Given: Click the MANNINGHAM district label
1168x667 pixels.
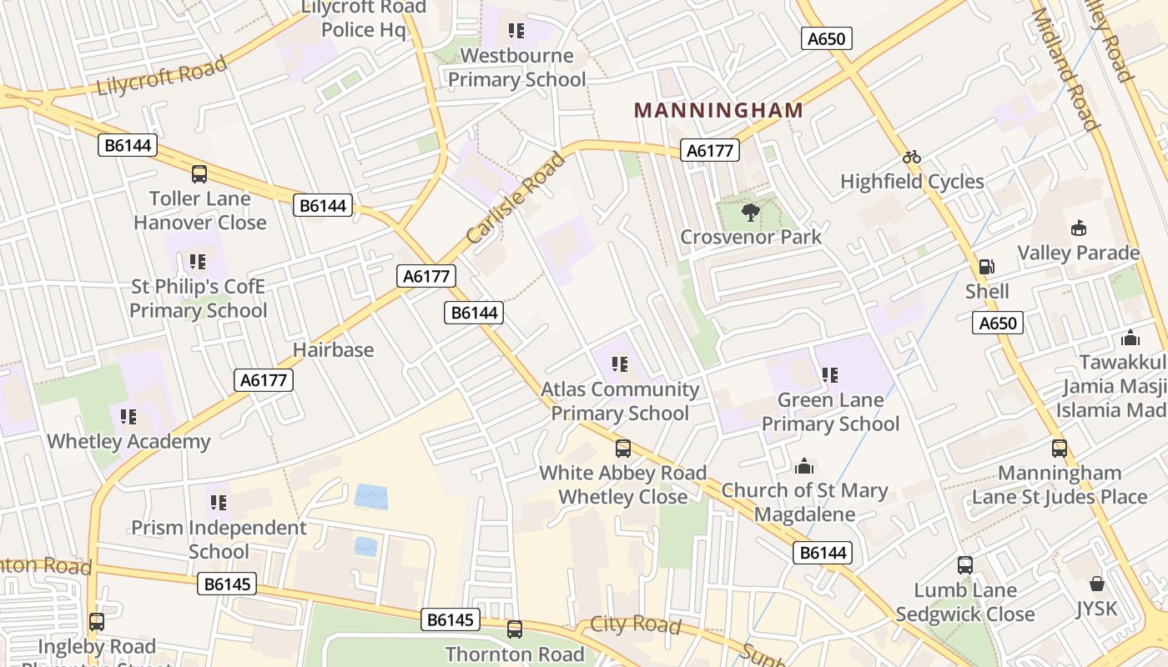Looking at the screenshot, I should (719, 110).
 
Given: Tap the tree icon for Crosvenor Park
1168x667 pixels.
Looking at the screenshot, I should (750, 213).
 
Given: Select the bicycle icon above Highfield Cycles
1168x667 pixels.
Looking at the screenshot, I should (912, 157).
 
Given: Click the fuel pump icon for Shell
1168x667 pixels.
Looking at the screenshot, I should (986, 267).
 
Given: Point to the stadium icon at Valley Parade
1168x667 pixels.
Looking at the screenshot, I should (1078, 228).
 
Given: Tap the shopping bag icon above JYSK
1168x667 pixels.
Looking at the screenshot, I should (1096, 584).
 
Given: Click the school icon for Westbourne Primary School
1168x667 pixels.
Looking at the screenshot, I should (516, 32).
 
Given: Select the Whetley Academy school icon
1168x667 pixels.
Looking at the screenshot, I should (128, 416).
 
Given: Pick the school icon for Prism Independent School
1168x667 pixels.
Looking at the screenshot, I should (219, 503).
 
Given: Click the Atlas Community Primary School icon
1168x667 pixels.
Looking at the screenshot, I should (619, 364).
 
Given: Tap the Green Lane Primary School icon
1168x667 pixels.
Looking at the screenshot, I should (829, 375).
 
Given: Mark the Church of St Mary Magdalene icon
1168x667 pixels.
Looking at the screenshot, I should (804, 465).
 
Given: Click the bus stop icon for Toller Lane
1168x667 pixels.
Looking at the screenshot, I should (199, 173).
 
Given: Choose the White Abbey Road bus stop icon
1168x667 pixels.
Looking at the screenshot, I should (623, 449).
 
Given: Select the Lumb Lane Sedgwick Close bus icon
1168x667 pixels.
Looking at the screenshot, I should (965, 565).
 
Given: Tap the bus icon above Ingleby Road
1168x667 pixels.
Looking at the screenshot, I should (97, 621).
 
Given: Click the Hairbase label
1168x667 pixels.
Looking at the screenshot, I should (334, 349).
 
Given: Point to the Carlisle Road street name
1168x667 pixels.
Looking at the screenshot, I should (516, 198).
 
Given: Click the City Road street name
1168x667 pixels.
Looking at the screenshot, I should (636, 624).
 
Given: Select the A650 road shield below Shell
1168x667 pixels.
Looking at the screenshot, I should (998, 323).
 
